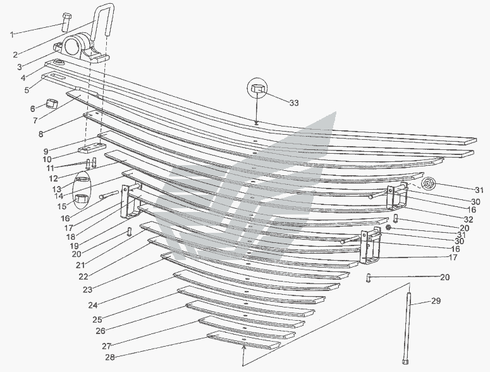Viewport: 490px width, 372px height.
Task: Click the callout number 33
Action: [x=294, y=103]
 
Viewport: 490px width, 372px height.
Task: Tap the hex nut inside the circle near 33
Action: [x=257, y=88]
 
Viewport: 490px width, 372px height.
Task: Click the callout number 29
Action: [x=436, y=301]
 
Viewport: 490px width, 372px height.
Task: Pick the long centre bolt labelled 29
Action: [x=407, y=327]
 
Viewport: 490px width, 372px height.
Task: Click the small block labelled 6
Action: [x=52, y=104]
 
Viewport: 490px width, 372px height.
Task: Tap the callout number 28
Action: [x=109, y=357]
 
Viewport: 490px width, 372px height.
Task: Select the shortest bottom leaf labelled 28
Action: [x=243, y=340]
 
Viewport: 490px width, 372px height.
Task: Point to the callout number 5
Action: [x=27, y=90]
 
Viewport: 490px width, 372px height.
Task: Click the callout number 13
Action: [x=56, y=189]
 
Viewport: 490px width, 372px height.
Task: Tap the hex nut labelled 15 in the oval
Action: [x=82, y=199]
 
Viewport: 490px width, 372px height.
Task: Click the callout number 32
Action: [x=469, y=219]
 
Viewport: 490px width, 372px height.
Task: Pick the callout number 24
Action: [x=92, y=305]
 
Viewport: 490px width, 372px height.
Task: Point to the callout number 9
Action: [x=46, y=152]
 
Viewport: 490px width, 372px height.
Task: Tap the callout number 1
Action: [x=12, y=34]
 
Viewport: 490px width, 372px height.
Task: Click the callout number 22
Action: [x=83, y=276]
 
